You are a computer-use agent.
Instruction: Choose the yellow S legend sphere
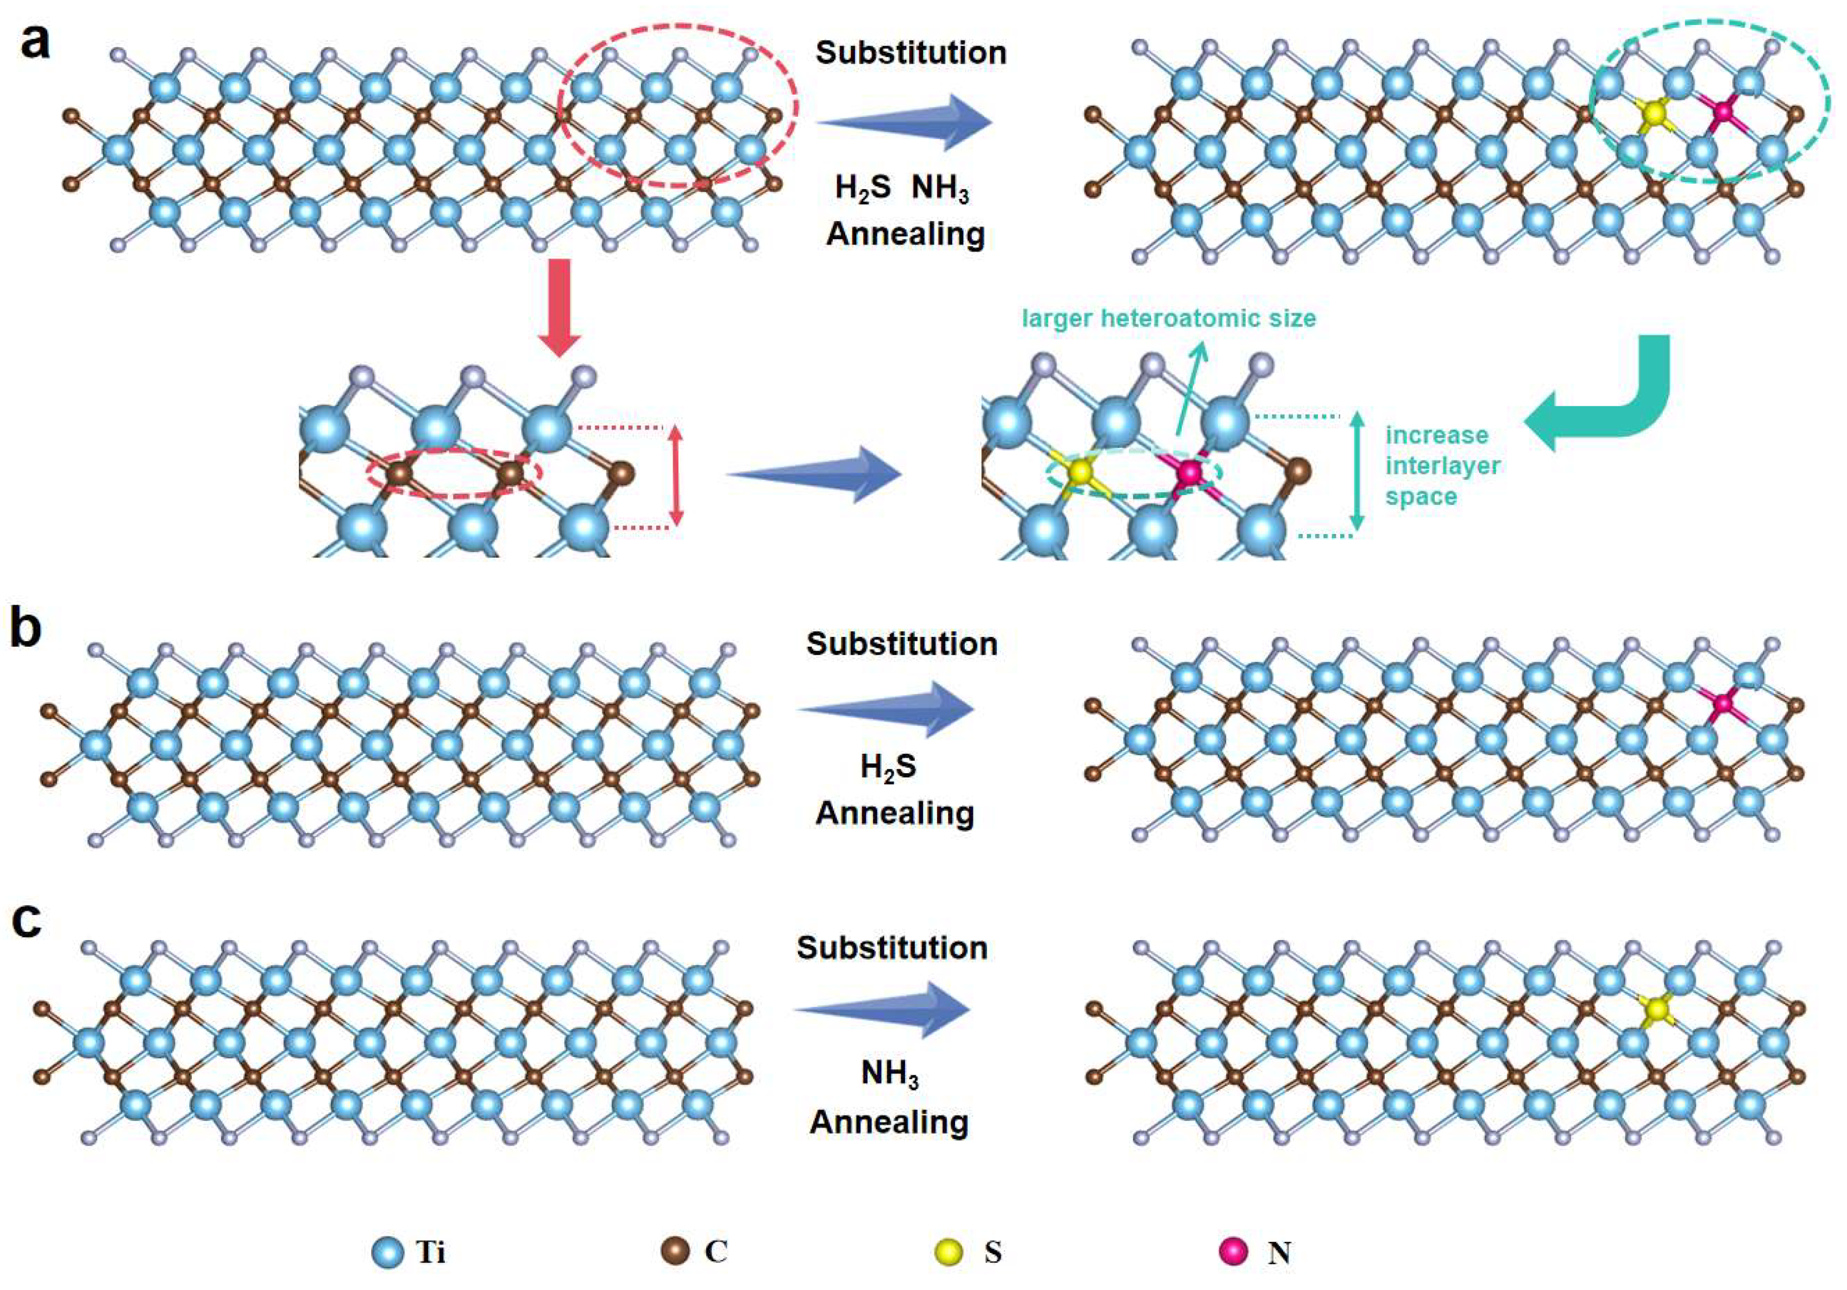[x=951, y=1252]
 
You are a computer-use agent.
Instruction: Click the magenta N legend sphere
[x=1233, y=1251]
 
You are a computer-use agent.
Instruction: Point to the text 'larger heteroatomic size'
[x=1168, y=318]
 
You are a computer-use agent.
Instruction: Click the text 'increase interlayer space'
[x=1442, y=466]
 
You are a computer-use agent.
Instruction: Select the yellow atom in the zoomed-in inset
[x=1080, y=472]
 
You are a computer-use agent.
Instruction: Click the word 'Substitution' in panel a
[x=910, y=53]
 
